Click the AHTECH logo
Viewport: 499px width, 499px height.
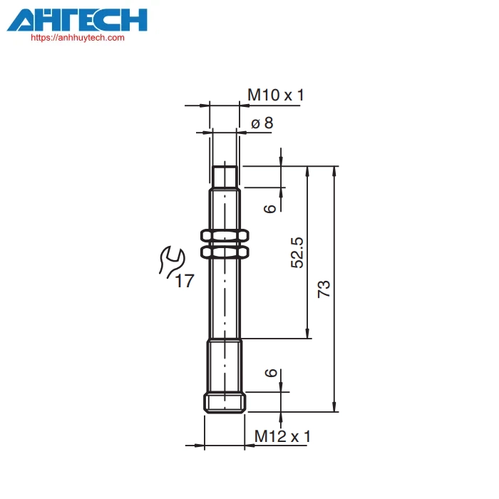(x=77, y=20)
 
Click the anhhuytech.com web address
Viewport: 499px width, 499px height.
(x=78, y=38)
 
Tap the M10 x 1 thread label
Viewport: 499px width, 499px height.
(x=276, y=95)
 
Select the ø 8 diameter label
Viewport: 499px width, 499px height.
(x=262, y=123)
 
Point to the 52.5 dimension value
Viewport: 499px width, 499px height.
(x=297, y=252)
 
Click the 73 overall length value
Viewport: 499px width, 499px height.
(x=324, y=289)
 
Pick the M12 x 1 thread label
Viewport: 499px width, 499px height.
(x=282, y=436)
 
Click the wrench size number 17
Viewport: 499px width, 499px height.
(x=185, y=281)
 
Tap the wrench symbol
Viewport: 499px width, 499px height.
(x=172, y=261)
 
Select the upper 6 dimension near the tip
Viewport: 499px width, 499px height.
(x=270, y=209)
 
